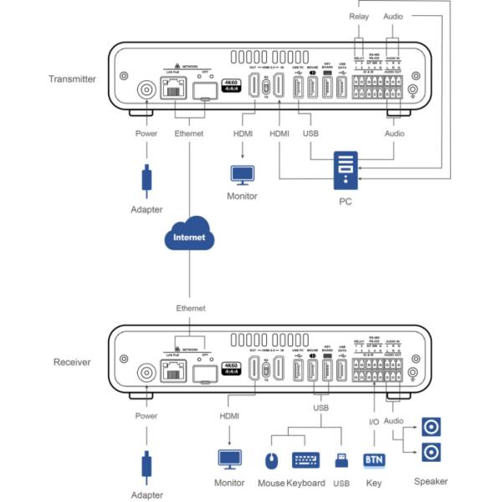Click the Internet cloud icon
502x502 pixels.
click(188, 238)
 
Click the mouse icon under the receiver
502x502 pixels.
click(270, 459)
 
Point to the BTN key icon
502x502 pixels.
click(373, 459)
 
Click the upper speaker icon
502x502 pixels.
click(430, 428)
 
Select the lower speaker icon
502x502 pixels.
click(430, 453)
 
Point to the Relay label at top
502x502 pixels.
click(358, 17)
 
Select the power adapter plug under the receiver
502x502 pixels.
click(147, 463)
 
